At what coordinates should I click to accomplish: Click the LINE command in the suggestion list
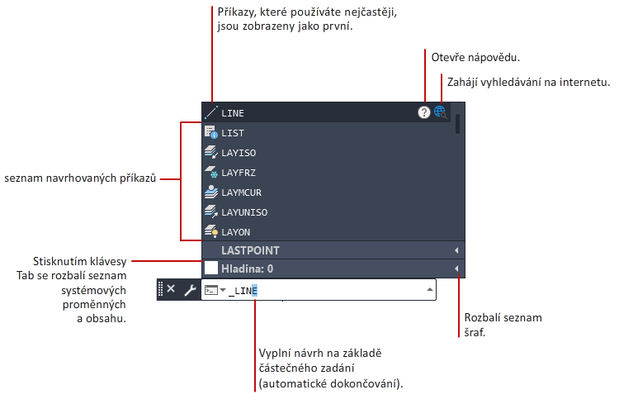click(233, 113)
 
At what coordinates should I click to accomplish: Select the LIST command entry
click(233, 133)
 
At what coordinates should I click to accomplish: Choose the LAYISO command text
click(239, 153)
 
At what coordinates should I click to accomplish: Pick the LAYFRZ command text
click(239, 173)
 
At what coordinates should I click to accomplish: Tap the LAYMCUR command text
click(241, 192)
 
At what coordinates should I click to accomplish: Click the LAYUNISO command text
click(244, 212)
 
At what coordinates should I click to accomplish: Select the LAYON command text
click(236, 232)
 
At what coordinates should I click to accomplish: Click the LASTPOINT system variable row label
click(250, 250)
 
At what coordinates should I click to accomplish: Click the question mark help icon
click(424, 112)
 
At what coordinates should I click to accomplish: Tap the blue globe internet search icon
click(440, 112)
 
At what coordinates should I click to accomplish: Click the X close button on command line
click(171, 289)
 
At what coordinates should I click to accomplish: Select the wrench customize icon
click(191, 290)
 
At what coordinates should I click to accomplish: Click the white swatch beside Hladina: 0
click(211, 268)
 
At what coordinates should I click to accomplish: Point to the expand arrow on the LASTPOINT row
click(456, 250)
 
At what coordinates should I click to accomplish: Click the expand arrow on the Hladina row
click(456, 269)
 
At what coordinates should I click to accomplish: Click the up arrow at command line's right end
click(430, 290)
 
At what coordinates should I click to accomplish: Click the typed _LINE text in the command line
click(243, 291)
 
